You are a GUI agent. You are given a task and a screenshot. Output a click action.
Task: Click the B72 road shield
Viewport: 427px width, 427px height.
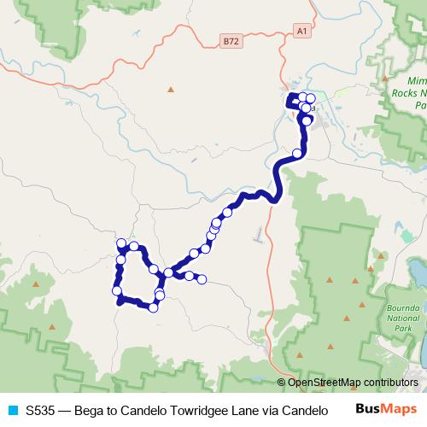tap(229, 40)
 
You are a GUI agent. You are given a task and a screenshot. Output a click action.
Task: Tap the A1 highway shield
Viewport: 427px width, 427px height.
tap(301, 31)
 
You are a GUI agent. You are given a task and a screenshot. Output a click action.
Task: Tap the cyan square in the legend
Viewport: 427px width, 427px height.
tap(11, 410)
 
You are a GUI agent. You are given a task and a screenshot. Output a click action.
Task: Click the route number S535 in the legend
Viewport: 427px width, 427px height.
tap(41, 410)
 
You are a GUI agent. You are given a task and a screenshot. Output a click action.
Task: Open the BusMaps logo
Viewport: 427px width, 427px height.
tap(387, 409)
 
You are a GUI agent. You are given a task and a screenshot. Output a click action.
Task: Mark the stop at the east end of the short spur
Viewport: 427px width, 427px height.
tap(202, 279)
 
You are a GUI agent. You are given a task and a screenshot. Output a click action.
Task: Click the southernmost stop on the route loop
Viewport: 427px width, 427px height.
tap(154, 307)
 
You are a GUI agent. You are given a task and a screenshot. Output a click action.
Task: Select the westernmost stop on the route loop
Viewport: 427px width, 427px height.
tap(117, 292)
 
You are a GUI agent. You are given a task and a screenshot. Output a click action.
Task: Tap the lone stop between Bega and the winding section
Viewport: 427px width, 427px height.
tap(297, 154)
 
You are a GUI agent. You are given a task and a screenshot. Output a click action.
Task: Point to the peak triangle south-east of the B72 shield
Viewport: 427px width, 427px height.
tap(171, 89)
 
